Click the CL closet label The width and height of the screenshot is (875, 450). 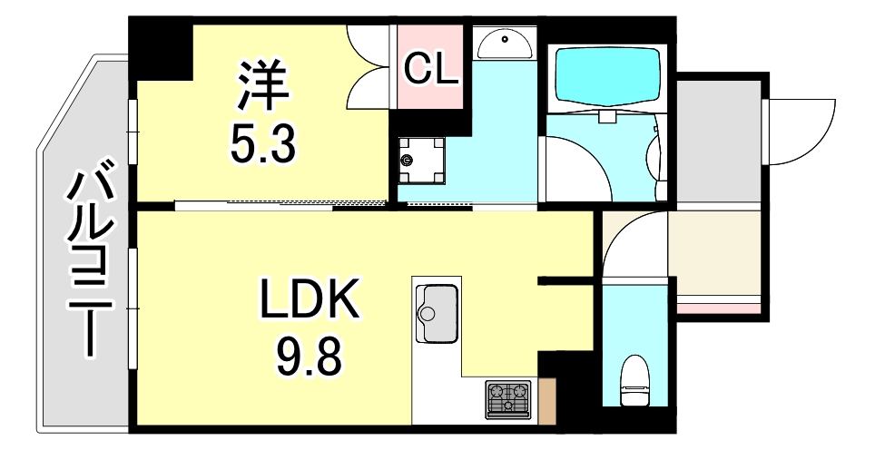click(x=429, y=68)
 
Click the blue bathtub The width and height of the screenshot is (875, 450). click(x=606, y=77)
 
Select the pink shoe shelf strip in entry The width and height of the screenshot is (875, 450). click(x=716, y=308)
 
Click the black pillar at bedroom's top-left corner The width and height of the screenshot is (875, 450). click(x=162, y=50)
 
